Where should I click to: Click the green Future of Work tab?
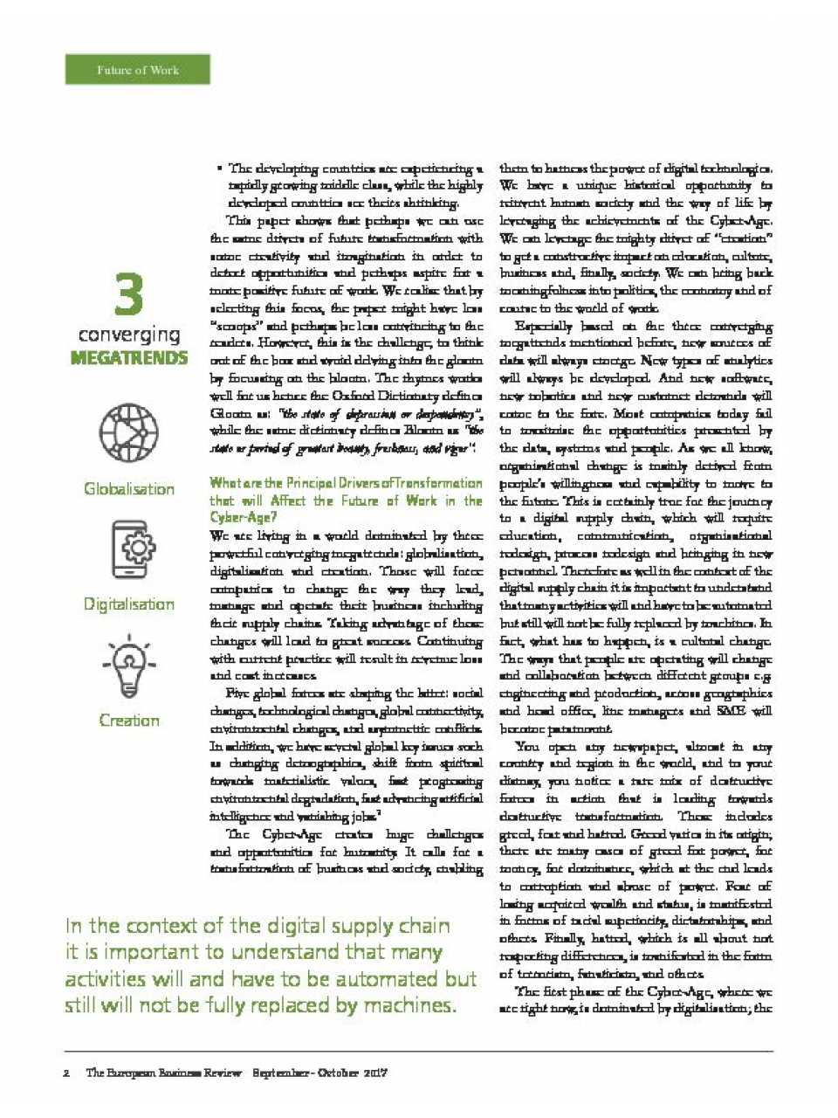pyautogui.click(x=137, y=70)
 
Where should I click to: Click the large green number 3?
pyautogui.click(x=129, y=295)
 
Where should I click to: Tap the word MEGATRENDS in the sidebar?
pyautogui.click(x=129, y=358)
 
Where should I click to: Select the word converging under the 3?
pyautogui.click(x=129, y=335)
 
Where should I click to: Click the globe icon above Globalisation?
pyautogui.click(x=128, y=433)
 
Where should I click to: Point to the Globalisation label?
pyautogui.click(x=129, y=489)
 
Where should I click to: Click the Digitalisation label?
pyautogui.click(x=129, y=604)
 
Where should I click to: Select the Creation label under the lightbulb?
pyautogui.click(x=129, y=721)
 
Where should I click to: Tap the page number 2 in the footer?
pyautogui.click(x=67, y=1073)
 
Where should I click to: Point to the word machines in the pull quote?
pyautogui.click(x=409, y=1005)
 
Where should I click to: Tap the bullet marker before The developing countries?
pyautogui.click(x=219, y=169)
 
